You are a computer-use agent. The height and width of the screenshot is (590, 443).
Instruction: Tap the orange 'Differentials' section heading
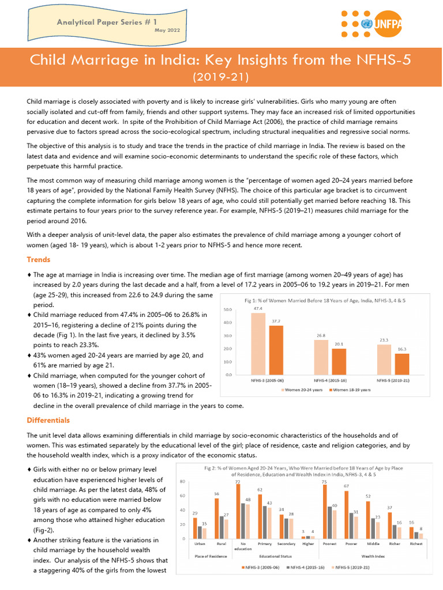(48, 420)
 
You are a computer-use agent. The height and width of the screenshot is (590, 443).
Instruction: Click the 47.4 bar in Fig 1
(258, 343)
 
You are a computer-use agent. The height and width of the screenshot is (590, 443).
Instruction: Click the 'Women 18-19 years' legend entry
(351, 390)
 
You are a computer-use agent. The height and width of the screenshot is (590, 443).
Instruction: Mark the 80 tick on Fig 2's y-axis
(182, 481)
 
